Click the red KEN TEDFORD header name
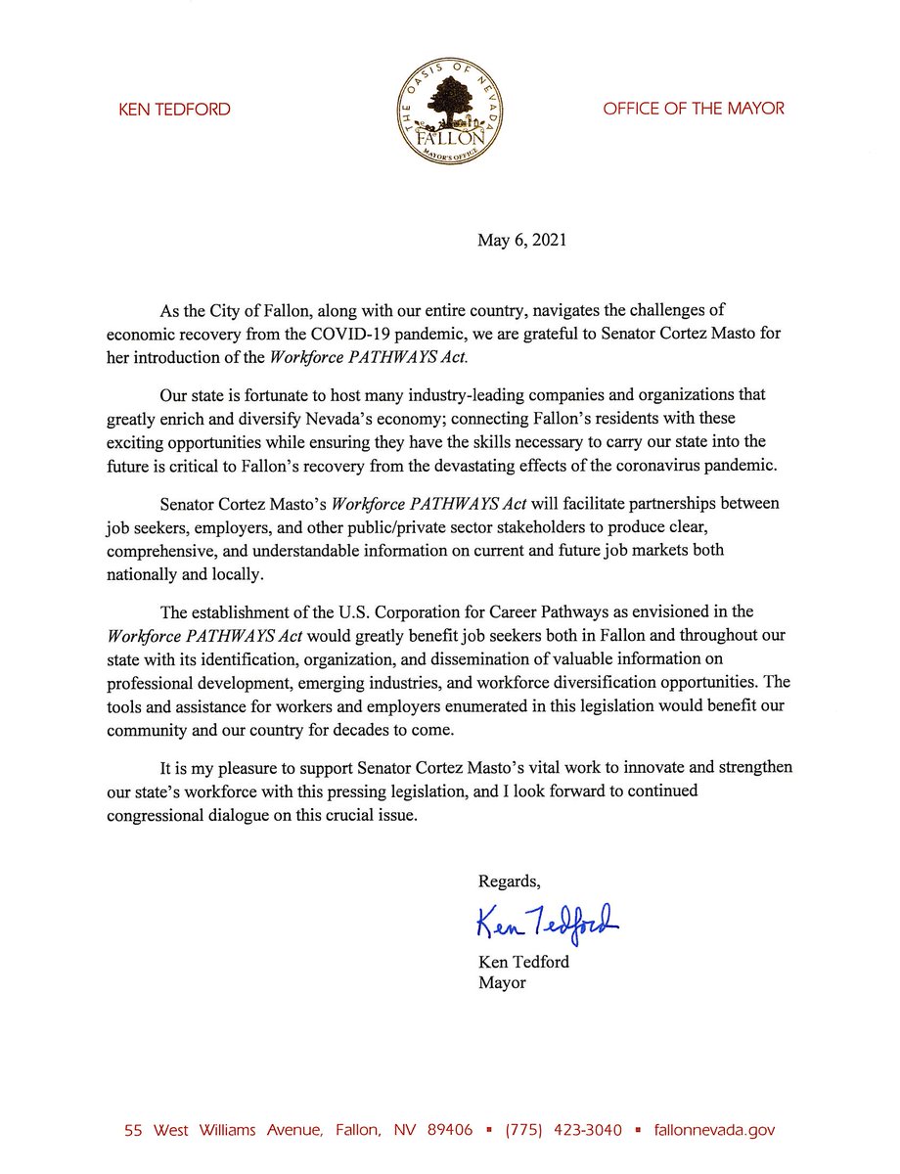tap(174, 110)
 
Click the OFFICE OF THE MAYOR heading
tap(694, 109)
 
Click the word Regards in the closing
tap(509, 881)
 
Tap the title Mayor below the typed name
tap(502, 982)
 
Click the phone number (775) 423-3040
tap(562, 1130)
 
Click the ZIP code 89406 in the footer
tap(449, 1130)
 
